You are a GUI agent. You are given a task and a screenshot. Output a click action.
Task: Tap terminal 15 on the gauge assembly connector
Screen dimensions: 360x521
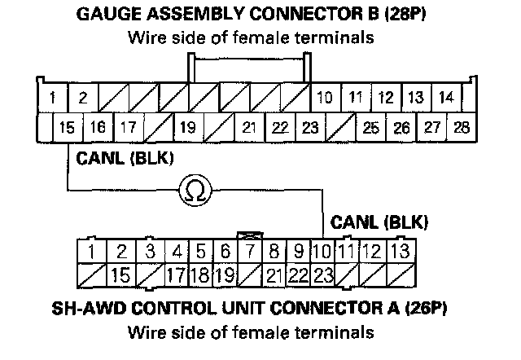[68, 127]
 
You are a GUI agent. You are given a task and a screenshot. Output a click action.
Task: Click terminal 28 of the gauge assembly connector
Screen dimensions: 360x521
[461, 127]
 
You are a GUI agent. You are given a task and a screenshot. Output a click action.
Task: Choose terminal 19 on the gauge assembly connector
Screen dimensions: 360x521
[187, 127]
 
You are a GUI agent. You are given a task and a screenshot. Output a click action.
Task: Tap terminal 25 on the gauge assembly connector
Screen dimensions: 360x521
[370, 127]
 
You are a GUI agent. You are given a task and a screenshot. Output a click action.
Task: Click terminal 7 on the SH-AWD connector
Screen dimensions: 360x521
[252, 251]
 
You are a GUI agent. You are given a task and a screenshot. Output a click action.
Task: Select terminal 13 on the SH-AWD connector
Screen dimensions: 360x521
[399, 251]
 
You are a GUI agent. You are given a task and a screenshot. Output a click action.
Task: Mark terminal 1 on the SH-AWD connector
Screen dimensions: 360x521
[94, 251]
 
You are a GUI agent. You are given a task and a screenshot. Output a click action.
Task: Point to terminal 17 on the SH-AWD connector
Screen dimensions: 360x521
[177, 274]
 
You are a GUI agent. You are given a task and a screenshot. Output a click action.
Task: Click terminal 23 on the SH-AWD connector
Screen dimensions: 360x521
[323, 274]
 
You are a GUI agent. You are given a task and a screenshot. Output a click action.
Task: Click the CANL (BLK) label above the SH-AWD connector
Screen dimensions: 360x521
[379, 221]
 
